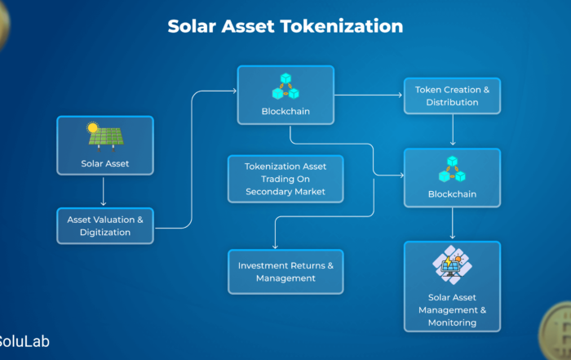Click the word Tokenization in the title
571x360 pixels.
pyautogui.click(x=341, y=26)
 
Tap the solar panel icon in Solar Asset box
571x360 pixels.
pyautogui.click(x=106, y=137)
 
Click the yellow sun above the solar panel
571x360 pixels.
pyautogui.click(x=92, y=127)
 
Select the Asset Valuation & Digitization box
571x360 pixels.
pyautogui.click(x=105, y=226)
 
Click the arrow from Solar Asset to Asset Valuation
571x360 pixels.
pyautogui.click(x=104, y=192)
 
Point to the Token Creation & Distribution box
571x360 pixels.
pyautogui.click(x=452, y=96)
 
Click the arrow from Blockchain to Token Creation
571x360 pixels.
pyautogui.click(x=368, y=95)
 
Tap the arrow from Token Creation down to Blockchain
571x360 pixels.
pyautogui.click(x=453, y=130)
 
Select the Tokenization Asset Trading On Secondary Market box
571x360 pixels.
pyautogui.click(x=285, y=179)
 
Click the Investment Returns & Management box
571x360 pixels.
pyautogui.click(x=285, y=272)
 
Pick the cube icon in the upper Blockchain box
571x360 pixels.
pyautogui.click(x=285, y=87)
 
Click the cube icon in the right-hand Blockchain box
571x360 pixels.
pyautogui.click(x=452, y=169)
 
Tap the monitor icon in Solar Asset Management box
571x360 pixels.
pyautogui.click(x=452, y=265)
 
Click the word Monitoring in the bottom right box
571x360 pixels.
pyautogui.click(x=452, y=322)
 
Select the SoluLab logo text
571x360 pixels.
pyautogui.click(x=24, y=341)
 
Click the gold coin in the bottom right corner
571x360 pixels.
pyautogui.click(x=556, y=331)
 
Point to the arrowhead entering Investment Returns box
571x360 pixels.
pyautogui.click(x=276, y=247)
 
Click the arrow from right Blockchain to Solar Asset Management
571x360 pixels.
pyautogui.click(x=453, y=223)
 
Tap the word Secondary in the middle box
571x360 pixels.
pyautogui.click(x=269, y=192)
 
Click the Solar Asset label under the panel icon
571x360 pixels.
pyautogui.click(x=105, y=163)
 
